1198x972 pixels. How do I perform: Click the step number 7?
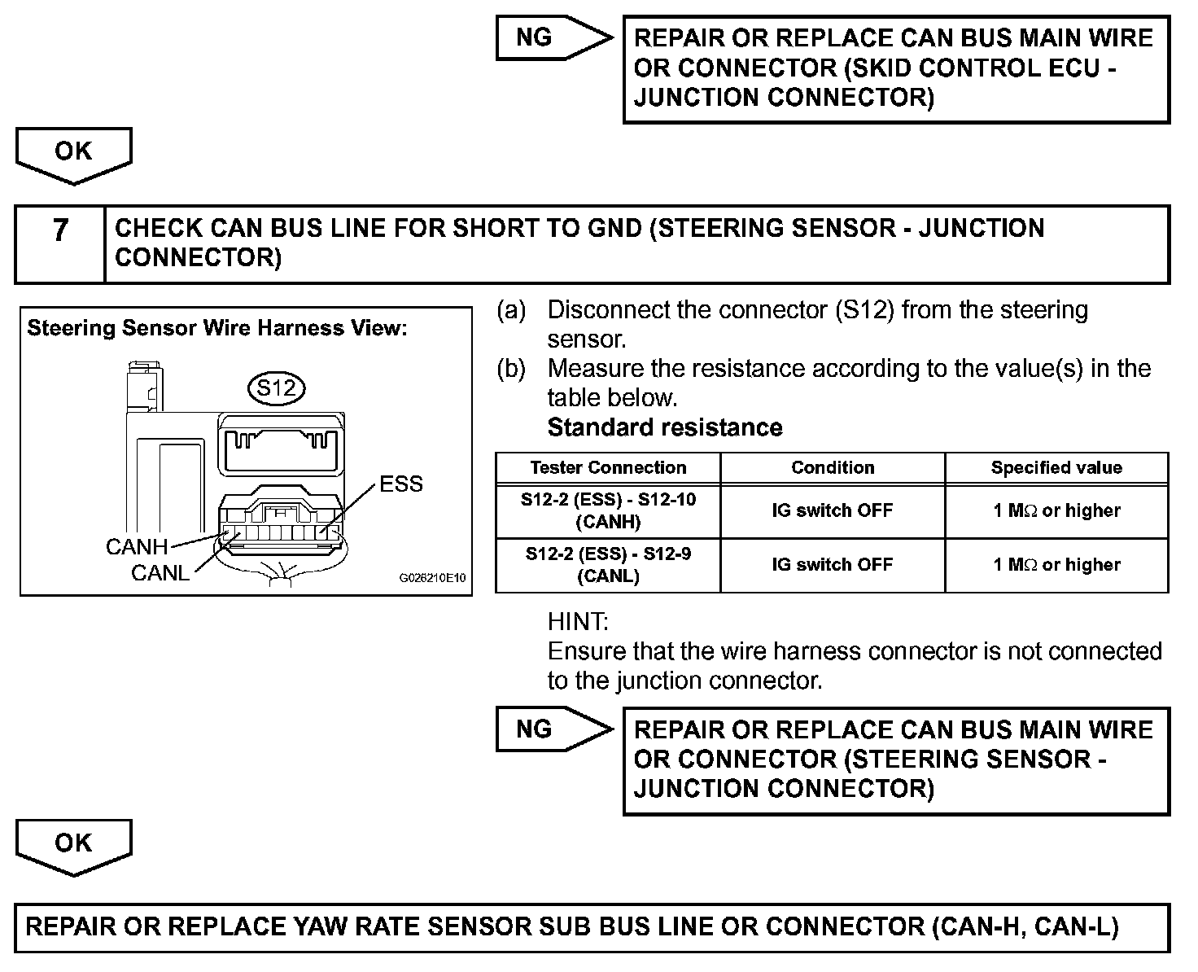point(60,231)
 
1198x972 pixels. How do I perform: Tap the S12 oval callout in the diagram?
point(277,387)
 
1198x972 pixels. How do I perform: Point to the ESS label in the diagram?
point(401,484)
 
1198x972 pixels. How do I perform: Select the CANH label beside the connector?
point(137,547)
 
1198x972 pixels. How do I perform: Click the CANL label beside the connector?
point(160,573)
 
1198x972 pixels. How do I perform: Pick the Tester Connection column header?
point(608,468)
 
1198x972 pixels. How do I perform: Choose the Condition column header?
point(833,468)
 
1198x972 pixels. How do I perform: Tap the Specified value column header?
point(1056,468)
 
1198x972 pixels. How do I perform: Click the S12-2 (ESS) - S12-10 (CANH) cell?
point(608,510)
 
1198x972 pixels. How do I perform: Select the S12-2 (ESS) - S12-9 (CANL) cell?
point(608,565)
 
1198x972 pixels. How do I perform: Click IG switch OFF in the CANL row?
point(833,565)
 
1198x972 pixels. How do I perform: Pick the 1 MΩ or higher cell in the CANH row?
point(1056,510)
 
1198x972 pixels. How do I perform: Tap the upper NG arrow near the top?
point(552,38)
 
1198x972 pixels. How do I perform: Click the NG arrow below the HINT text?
point(552,729)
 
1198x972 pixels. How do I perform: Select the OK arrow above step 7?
point(73,153)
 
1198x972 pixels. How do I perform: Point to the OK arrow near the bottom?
point(73,844)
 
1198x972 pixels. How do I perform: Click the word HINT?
point(578,623)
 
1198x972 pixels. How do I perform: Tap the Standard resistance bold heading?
point(665,427)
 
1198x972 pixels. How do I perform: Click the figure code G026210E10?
point(432,579)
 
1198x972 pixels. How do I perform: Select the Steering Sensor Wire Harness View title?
point(216,328)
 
